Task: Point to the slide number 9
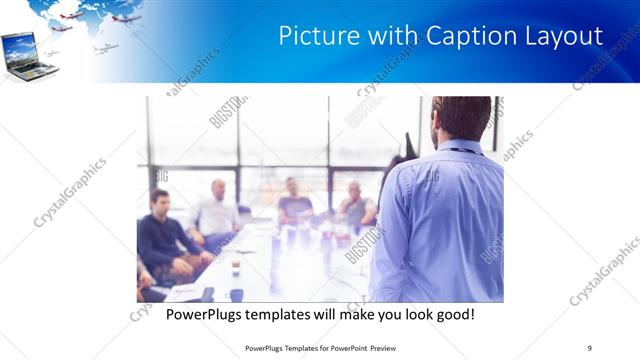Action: [589, 347]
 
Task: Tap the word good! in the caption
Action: [451, 315]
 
